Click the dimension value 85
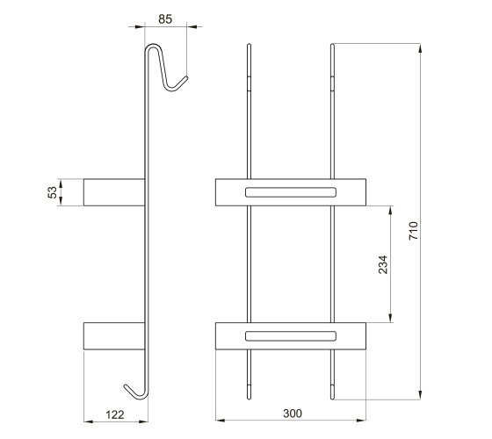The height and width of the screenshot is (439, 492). pyautogui.click(x=165, y=19)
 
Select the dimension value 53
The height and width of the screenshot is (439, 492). pyautogui.click(x=53, y=192)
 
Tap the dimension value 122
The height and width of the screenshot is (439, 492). pyautogui.click(x=115, y=414)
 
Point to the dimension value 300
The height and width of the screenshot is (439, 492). pyautogui.click(x=293, y=414)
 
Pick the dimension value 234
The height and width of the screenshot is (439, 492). pyautogui.click(x=383, y=264)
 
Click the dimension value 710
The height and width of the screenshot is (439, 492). pyautogui.click(x=413, y=231)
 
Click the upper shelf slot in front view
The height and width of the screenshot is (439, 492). pyautogui.click(x=291, y=192)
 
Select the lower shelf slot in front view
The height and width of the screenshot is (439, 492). pyautogui.click(x=291, y=335)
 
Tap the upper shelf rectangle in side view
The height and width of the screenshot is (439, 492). pyautogui.click(x=114, y=192)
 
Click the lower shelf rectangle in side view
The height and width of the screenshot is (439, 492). pyautogui.click(x=114, y=335)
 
